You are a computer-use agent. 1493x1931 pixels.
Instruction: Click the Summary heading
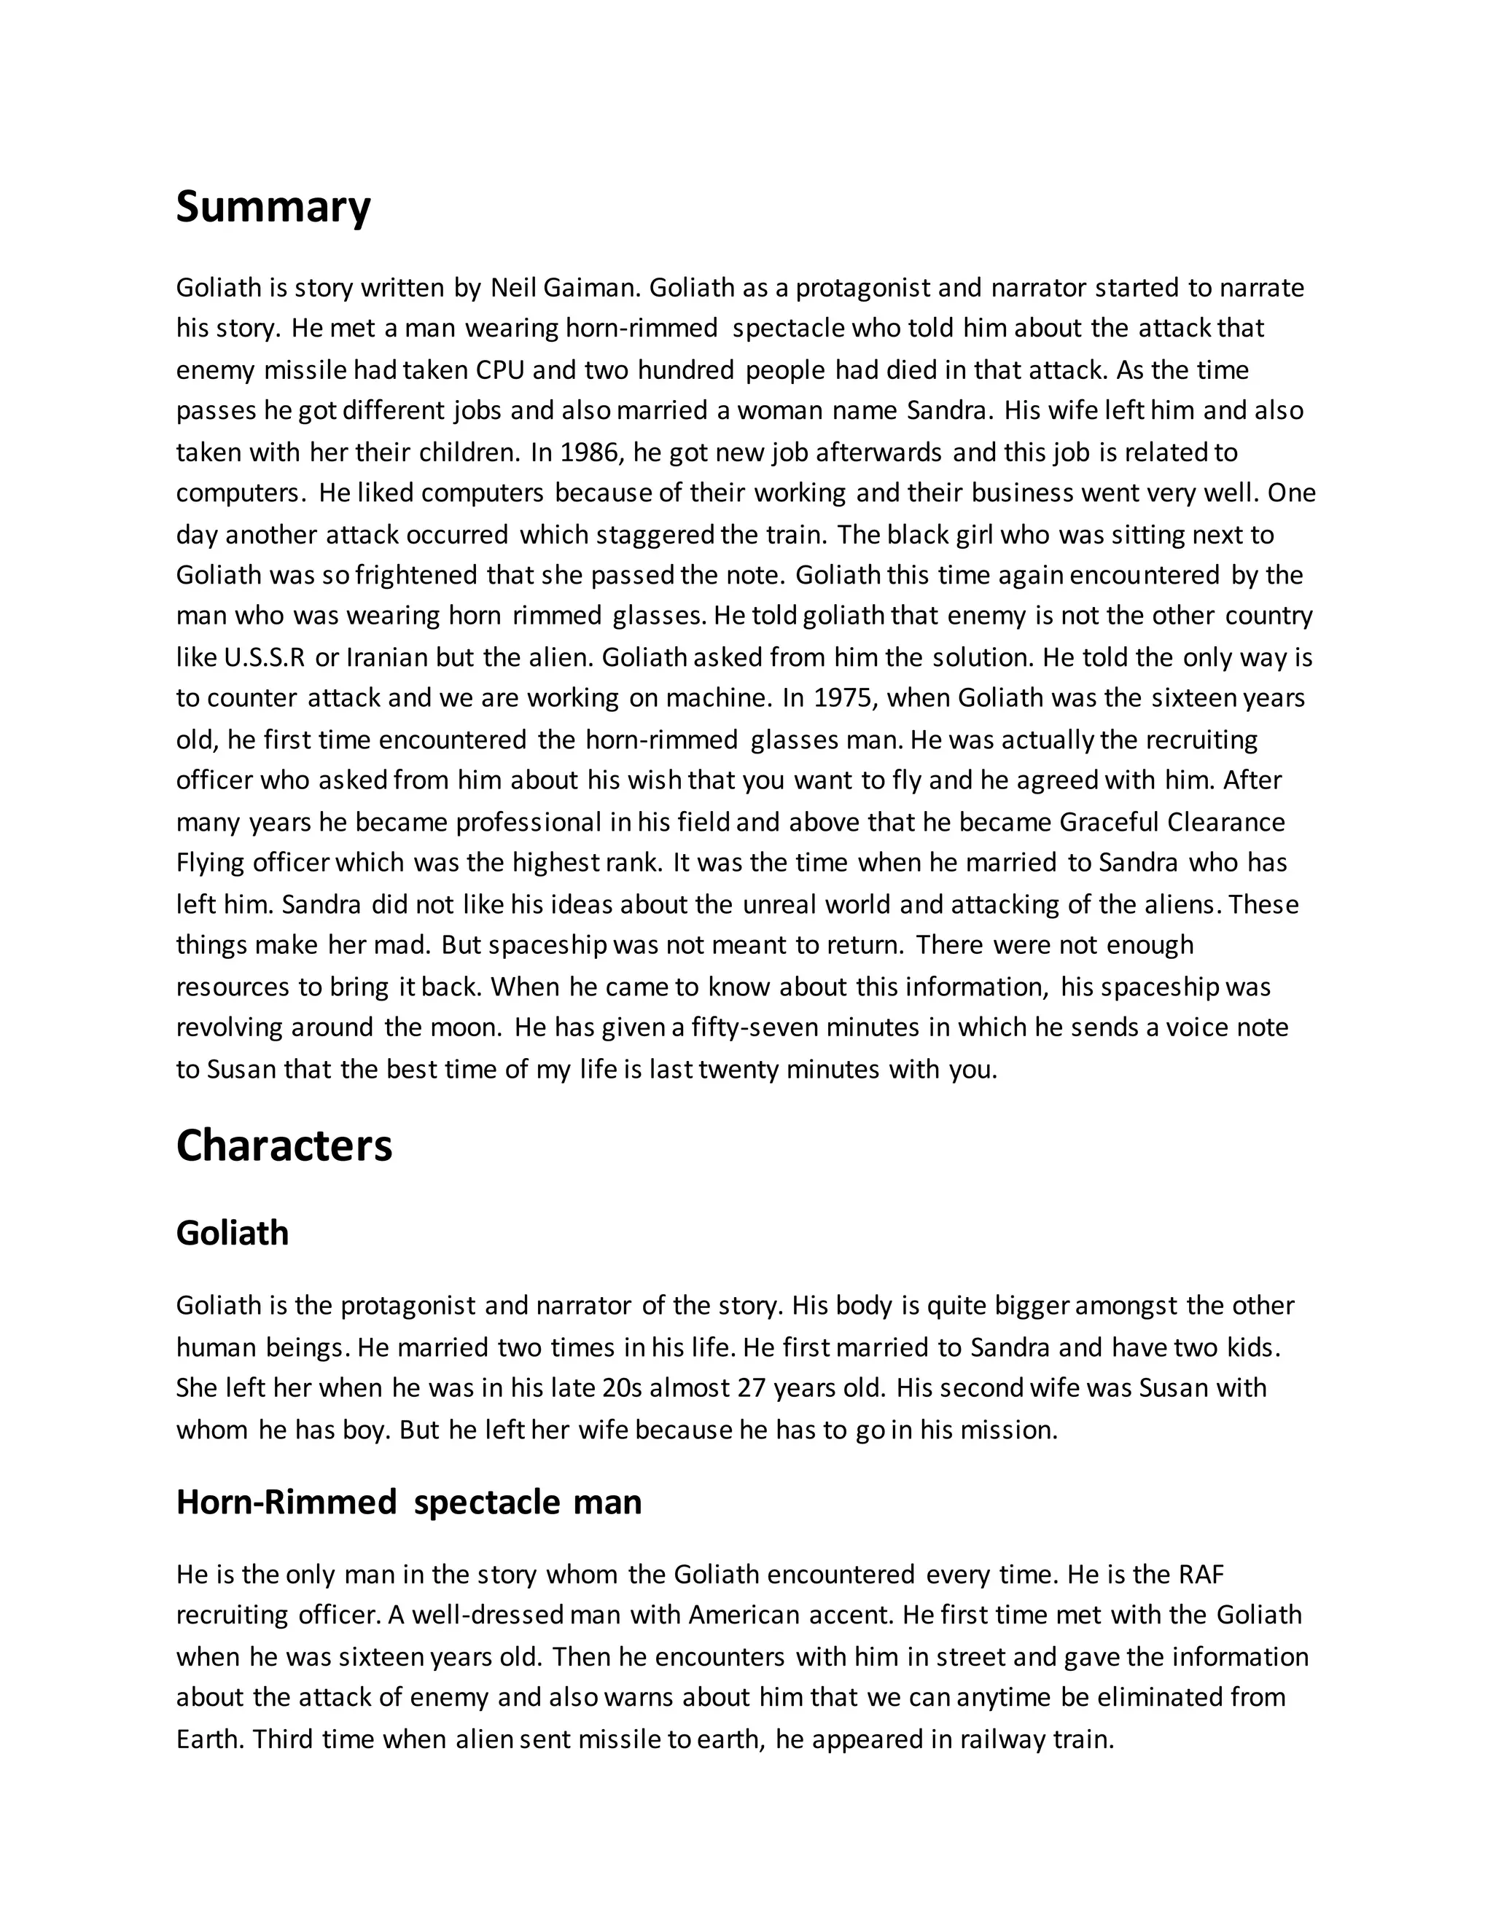click(x=273, y=208)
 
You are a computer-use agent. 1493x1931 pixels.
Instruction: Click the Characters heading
click(x=284, y=1146)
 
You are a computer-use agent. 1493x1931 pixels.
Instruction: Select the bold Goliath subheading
click(x=233, y=1232)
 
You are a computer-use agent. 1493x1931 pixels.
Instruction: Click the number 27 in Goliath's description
click(x=750, y=1388)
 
